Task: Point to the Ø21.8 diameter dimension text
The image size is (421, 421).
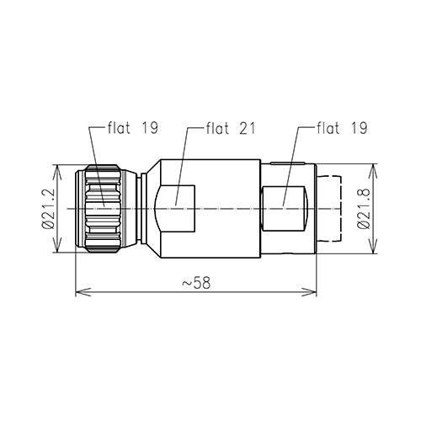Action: point(364,209)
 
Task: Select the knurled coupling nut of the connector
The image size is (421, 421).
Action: point(106,209)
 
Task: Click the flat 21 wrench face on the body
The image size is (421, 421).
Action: point(178,209)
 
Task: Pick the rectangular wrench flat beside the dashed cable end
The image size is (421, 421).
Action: point(286,209)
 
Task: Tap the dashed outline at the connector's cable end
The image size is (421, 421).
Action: point(332,209)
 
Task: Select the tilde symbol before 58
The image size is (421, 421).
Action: point(185,282)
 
